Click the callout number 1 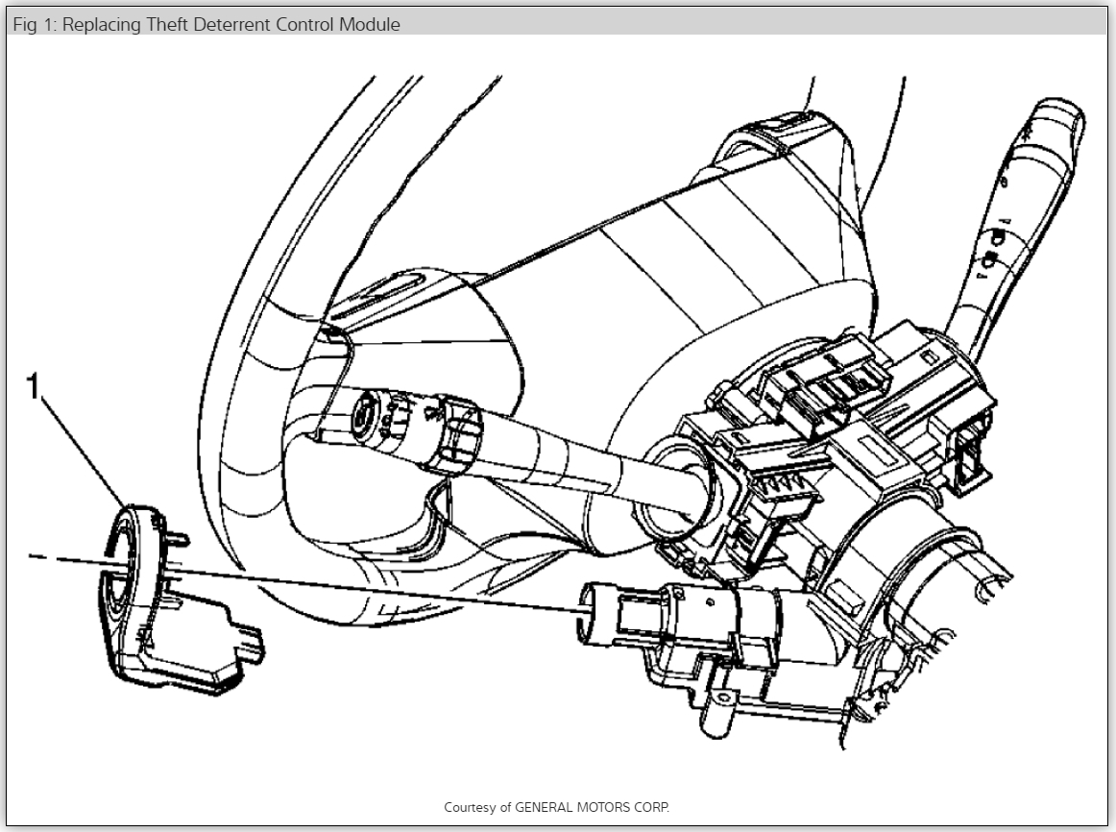tap(34, 388)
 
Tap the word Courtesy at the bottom tap(471, 807)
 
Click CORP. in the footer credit tap(652, 807)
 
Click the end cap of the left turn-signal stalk tap(366, 415)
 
